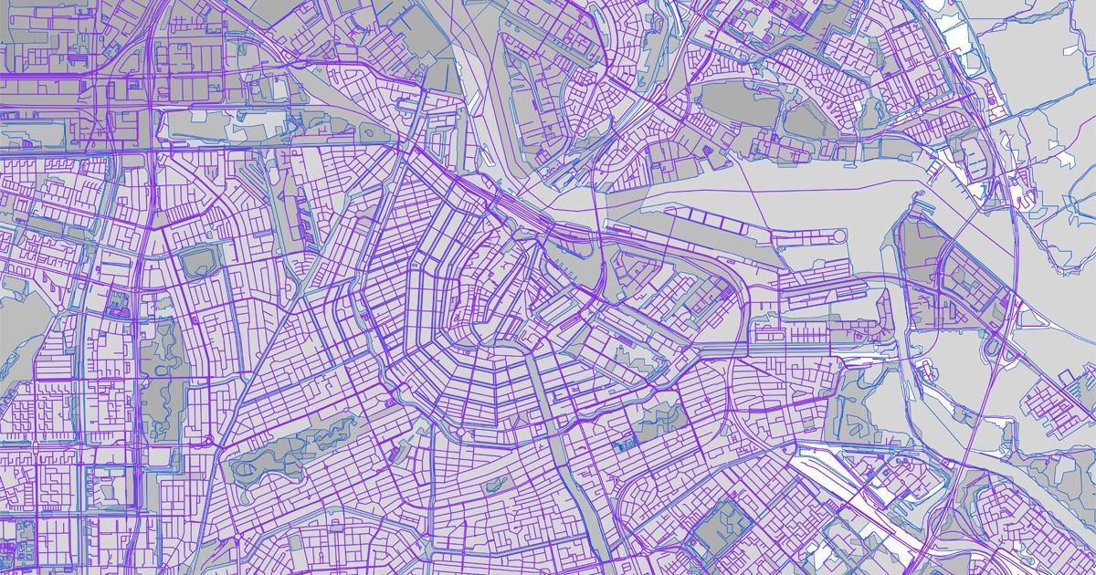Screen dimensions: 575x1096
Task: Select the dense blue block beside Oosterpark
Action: click(x=625, y=445)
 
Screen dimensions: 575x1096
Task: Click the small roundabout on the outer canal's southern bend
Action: click(x=393, y=402)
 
